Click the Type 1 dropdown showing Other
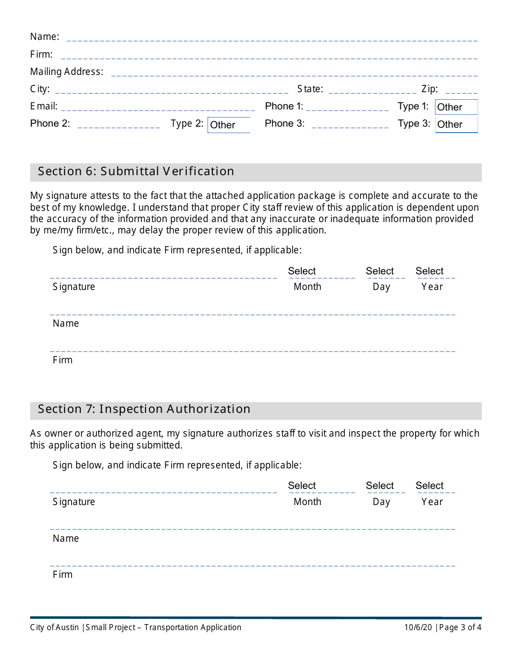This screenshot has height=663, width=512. tap(456, 107)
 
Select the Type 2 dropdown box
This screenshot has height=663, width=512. tap(229, 125)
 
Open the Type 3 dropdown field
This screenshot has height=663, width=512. tap(456, 125)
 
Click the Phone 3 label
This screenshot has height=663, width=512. tap(285, 123)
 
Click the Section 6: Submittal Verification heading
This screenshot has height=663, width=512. tap(136, 171)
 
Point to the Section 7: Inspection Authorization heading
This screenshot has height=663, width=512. tap(144, 409)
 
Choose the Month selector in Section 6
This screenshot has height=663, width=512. tap(322, 272)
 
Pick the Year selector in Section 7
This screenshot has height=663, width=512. tap(435, 486)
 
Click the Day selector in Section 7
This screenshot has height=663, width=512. tap(385, 486)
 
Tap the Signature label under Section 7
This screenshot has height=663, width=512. tap(74, 502)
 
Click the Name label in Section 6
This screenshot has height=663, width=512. tap(66, 323)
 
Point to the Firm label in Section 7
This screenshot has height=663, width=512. tap(63, 575)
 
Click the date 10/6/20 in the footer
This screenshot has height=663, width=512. tap(418, 627)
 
